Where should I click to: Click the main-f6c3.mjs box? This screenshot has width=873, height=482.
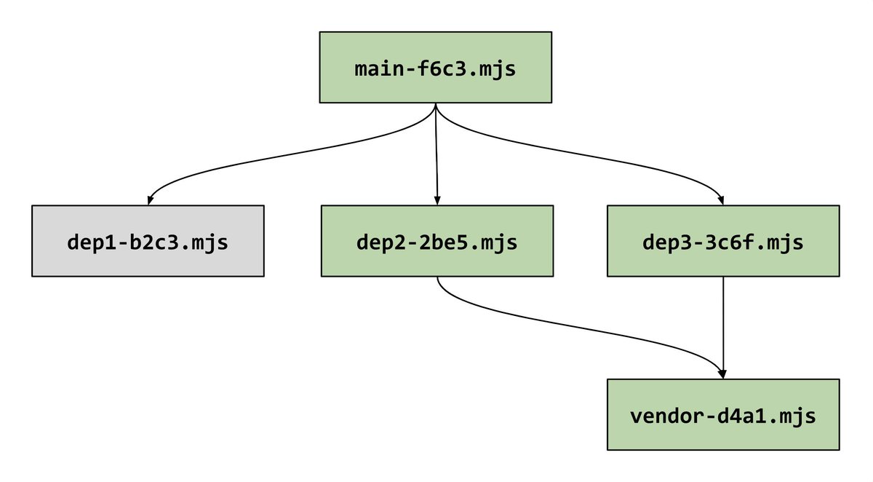pyautogui.click(x=435, y=67)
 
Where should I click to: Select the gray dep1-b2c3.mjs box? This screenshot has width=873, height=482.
pyautogui.click(x=148, y=241)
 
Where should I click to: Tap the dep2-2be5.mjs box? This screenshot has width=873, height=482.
pyautogui.click(x=436, y=241)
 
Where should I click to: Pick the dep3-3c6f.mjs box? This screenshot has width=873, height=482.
pyautogui.click(x=722, y=241)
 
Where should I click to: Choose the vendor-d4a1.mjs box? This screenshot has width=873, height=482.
pyautogui.click(x=722, y=414)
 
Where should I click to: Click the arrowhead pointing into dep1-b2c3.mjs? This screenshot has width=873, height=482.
pyautogui.click(x=149, y=199)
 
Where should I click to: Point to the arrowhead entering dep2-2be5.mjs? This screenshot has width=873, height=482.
pyautogui.click(x=437, y=199)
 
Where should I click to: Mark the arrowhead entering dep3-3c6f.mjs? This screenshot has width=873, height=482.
pyautogui.click(x=722, y=199)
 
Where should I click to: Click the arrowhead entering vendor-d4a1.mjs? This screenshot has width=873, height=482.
pyautogui.click(x=722, y=373)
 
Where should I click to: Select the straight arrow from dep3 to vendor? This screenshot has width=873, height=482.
pyautogui.click(x=722, y=320)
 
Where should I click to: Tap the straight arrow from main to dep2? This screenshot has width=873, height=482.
pyautogui.click(x=436, y=153)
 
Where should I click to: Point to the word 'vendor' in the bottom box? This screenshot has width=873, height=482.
pyautogui.click(x=669, y=416)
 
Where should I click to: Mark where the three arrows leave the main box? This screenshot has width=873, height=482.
pyautogui.click(x=435, y=105)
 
